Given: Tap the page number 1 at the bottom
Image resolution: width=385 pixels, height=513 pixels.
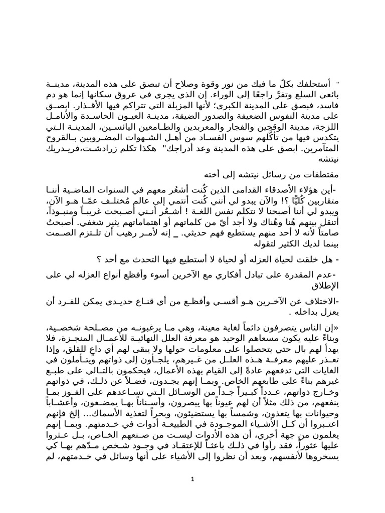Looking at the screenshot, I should tap(192, 480).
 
